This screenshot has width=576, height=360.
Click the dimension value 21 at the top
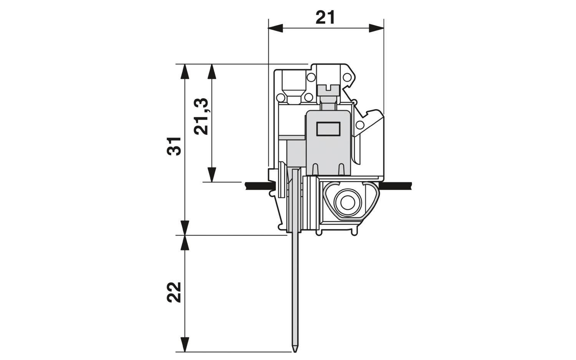click(326, 18)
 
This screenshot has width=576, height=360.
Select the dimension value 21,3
click(201, 116)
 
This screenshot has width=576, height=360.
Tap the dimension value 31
click(174, 146)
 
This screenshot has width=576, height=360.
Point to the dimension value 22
click(174, 292)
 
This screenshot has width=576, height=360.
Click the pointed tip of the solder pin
click(295, 352)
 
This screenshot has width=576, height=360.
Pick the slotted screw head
click(327, 90)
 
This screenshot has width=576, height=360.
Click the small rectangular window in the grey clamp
click(328, 129)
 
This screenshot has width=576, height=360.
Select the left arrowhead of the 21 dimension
click(275, 28)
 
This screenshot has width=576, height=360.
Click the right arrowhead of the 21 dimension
click(376, 28)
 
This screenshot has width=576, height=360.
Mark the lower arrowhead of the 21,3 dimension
click(212, 175)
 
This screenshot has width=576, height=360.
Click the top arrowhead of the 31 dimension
click(185, 71)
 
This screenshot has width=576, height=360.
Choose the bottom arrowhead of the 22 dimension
click(185, 344)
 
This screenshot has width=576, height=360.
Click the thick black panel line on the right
click(395, 185)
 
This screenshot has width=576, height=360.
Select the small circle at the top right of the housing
click(347, 77)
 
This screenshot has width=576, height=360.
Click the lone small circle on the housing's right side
click(360, 125)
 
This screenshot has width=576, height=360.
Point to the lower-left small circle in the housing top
click(281, 98)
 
